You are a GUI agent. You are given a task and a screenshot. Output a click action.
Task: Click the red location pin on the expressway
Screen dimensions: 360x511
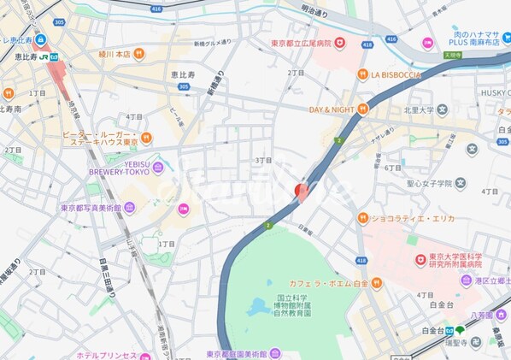pyautogui.click(x=301, y=190)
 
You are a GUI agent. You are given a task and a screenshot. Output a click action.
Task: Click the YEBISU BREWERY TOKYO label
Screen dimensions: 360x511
pyautogui.click(x=117, y=170)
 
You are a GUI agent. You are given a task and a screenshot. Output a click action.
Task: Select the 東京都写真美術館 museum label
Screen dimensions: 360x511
pyautogui.click(x=91, y=207)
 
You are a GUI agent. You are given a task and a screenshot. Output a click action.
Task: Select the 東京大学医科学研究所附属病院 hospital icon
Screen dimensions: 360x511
pyautogui.click(x=420, y=260)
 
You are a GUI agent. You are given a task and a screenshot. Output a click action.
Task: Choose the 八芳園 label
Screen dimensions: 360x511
pyautogui.click(x=490, y=313)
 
